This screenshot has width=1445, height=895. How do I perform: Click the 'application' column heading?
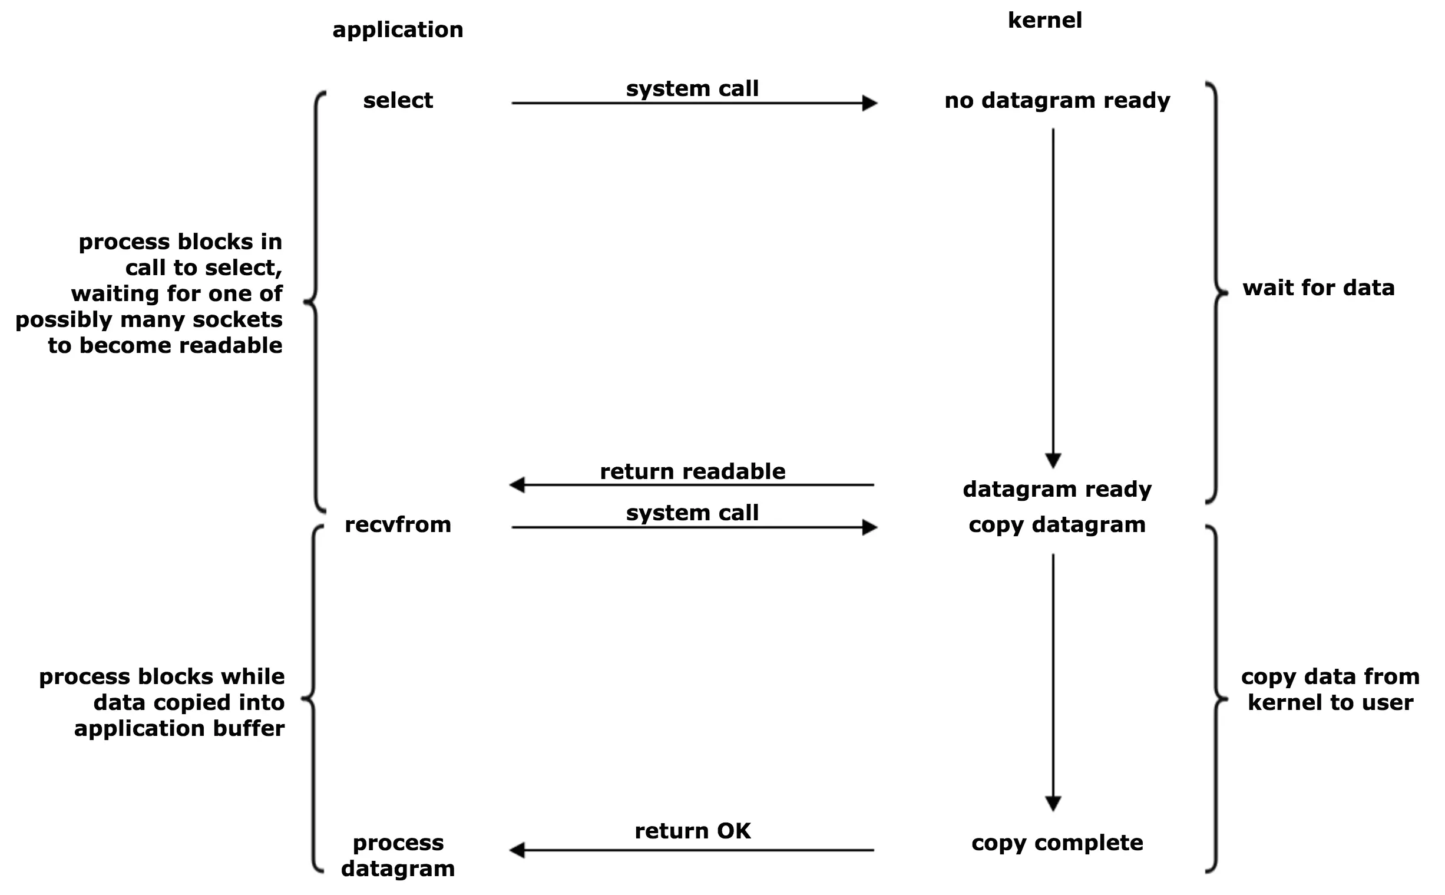[x=398, y=29]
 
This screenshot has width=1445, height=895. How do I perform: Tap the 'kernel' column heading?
[x=1044, y=21]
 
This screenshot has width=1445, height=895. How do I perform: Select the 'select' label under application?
[x=398, y=100]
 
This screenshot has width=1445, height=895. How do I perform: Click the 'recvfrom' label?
[x=398, y=524]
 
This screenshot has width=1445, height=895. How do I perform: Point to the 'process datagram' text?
[x=398, y=856]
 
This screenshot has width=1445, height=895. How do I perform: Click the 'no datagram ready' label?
[x=1057, y=100]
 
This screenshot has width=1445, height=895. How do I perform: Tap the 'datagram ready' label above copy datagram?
[x=1057, y=489]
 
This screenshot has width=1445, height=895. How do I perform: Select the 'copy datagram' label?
[x=1057, y=524]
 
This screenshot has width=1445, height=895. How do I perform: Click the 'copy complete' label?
[x=1057, y=843]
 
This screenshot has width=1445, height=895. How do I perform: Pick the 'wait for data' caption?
[x=1318, y=288]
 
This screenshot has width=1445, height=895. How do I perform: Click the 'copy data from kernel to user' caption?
[x=1330, y=689]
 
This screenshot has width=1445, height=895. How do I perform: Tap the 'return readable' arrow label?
[x=692, y=471]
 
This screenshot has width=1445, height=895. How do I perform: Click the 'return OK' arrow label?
[x=692, y=831]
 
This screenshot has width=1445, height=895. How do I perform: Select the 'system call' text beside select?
[x=692, y=89]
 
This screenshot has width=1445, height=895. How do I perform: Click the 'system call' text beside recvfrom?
[x=692, y=513]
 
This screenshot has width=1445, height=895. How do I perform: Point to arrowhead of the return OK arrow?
[x=517, y=851]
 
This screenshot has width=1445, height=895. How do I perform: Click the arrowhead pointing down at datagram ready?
[x=1053, y=461]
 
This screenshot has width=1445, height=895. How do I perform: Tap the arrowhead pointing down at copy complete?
[x=1053, y=803]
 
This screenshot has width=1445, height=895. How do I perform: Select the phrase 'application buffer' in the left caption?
[x=179, y=728]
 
